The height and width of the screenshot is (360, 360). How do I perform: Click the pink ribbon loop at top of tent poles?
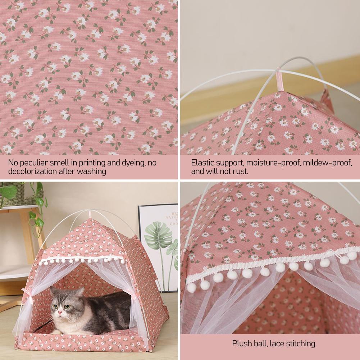coord(280,79)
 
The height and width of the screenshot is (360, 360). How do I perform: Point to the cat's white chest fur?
coord(67,324)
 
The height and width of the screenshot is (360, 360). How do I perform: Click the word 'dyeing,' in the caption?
coord(132,163)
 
